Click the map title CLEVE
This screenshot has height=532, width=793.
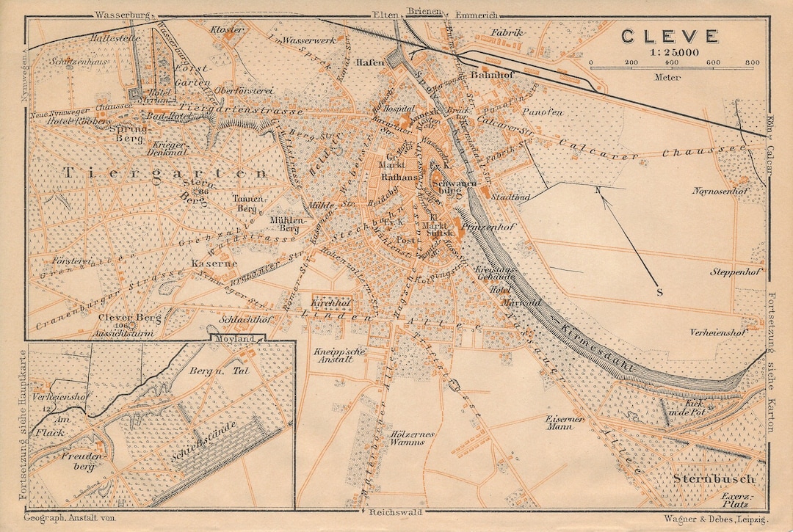[670, 35]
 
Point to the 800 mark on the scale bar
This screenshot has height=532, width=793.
[751, 63]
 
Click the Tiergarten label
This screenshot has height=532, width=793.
[165, 173]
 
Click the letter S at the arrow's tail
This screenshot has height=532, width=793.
[659, 291]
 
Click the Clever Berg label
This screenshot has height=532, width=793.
[119, 317]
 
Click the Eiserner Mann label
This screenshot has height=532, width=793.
[565, 423]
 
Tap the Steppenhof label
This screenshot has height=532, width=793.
[734, 272]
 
